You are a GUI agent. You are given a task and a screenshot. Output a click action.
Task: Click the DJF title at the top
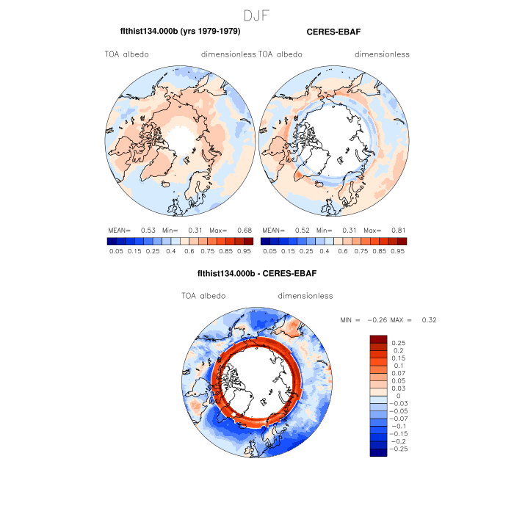tap(257, 15)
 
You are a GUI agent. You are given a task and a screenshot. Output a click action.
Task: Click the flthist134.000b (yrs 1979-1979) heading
tap(180, 32)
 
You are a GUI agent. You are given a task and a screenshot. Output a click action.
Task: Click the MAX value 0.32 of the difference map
tap(429, 320)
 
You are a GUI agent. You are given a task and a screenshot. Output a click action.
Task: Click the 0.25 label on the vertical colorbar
tap(399, 343)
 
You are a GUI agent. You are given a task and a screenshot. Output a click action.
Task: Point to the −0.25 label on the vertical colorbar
tap(401, 448)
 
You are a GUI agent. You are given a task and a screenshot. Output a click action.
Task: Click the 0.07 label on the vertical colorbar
tap(399, 374)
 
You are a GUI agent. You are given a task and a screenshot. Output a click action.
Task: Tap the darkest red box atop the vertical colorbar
tap(378, 339)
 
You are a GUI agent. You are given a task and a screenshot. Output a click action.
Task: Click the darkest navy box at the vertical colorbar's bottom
tap(378, 452)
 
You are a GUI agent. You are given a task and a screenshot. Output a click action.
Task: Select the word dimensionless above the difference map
tap(305, 296)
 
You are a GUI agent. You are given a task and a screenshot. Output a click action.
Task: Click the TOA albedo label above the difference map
tap(203, 296)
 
